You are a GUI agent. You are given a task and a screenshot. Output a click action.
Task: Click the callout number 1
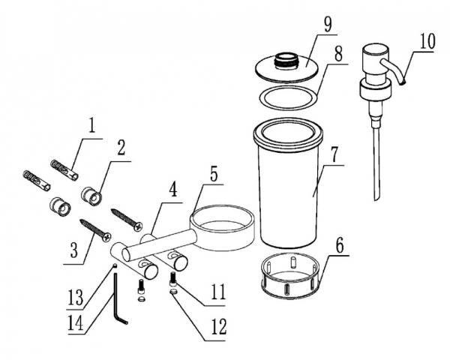(91, 126)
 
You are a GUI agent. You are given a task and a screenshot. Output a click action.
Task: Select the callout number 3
(74, 250)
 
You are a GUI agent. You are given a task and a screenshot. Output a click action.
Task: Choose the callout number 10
(427, 42)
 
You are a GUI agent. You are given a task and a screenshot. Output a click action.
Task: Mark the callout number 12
(219, 326)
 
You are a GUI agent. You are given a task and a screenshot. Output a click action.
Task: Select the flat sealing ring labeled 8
(289, 97)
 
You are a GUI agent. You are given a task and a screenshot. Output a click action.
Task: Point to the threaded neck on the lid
(287, 60)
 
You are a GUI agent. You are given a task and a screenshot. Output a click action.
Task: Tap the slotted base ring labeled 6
(290, 275)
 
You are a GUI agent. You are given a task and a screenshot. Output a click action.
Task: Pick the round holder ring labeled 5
(222, 227)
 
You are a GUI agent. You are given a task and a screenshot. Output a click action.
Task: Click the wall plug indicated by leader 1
(64, 170)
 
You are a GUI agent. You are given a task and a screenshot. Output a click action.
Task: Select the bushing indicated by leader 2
(91, 196)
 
